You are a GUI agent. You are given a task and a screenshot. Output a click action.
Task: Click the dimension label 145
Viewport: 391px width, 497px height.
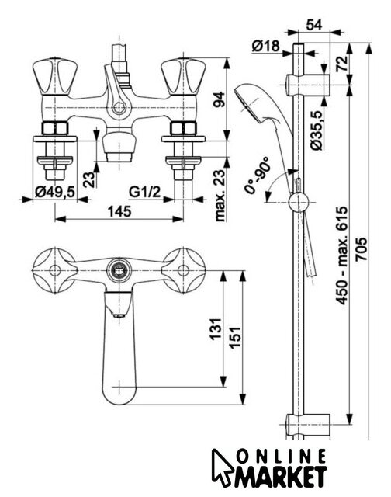coord(119,211)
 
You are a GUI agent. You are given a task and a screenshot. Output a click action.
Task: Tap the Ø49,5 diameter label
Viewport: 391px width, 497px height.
coord(55,193)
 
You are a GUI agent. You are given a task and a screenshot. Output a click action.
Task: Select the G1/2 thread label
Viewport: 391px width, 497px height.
coord(145,193)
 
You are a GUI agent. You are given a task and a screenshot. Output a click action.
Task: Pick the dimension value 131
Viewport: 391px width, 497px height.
coord(216,329)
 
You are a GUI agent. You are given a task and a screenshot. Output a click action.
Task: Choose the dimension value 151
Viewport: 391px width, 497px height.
coord(235,338)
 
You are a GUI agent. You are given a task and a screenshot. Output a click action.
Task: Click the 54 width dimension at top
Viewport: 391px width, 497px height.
coord(314,25)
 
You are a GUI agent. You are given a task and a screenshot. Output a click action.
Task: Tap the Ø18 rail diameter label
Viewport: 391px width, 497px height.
coord(266,47)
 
